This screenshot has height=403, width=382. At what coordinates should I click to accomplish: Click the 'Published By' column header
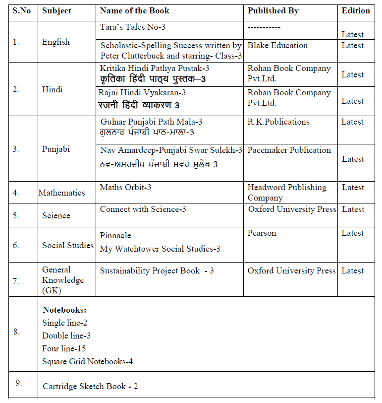tap(273, 10)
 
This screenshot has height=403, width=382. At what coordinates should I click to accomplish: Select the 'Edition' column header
tap(356, 10)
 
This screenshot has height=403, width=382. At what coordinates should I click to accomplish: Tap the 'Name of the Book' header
tap(134, 10)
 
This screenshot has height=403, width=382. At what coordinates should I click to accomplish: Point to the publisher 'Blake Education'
tap(277, 45)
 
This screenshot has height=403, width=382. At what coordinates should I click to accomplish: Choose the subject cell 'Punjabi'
tap(56, 149)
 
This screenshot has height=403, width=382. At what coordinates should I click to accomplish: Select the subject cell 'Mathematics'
tap(61, 193)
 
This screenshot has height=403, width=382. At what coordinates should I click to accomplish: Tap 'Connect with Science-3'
tap(143, 209)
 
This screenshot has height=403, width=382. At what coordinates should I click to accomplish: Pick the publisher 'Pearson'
tap(262, 233)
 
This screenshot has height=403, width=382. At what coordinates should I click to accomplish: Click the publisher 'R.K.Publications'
tap(278, 122)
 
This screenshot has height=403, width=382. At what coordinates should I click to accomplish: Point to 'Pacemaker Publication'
tap(289, 150)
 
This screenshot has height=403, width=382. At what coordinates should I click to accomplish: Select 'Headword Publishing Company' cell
tap(287, 192)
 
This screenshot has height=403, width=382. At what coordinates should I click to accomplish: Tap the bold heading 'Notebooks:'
tap(64, 310)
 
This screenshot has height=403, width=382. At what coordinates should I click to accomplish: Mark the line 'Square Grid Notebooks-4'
tap(87, 361)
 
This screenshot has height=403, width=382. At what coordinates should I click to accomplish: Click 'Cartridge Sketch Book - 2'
tap(90, 386)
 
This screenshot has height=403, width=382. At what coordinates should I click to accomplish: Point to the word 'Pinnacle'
tap(115, 235)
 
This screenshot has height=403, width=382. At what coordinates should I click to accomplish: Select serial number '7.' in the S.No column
tap(16, 281)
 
